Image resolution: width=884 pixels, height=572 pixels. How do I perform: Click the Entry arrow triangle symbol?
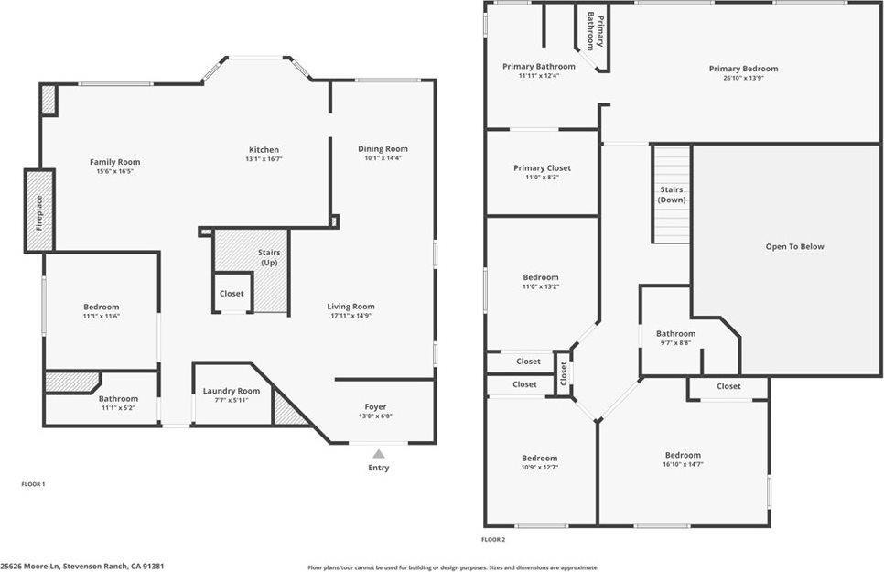(379, 453)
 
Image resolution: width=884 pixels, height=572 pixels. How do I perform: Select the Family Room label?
(114, 162)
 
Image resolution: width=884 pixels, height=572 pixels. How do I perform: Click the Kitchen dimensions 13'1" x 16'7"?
(264, 159)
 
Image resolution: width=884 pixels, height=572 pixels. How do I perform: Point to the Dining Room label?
(383, 148)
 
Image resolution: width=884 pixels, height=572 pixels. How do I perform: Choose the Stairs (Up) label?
(269, 257)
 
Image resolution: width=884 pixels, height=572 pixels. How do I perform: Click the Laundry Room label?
(232, 391)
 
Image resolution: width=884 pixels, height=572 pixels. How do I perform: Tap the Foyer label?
(375, 406)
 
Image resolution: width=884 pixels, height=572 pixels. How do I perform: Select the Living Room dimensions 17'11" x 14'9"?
(350, 316)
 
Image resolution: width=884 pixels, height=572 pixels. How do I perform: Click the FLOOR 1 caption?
(33, 483)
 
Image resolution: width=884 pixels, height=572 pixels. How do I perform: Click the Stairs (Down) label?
(672, 194)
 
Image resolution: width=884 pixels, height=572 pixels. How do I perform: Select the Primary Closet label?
(542, 167)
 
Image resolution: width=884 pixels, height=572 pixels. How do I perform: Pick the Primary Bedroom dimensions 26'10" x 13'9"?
(743, 78)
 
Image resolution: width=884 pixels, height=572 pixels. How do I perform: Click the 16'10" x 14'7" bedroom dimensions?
(683, 464)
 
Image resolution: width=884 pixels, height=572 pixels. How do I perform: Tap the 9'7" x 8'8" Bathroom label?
(675, 333)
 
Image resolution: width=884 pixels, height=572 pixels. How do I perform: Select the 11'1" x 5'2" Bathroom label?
(119, 398)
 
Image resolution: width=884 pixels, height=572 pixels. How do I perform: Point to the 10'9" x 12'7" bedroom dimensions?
(539, 468)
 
